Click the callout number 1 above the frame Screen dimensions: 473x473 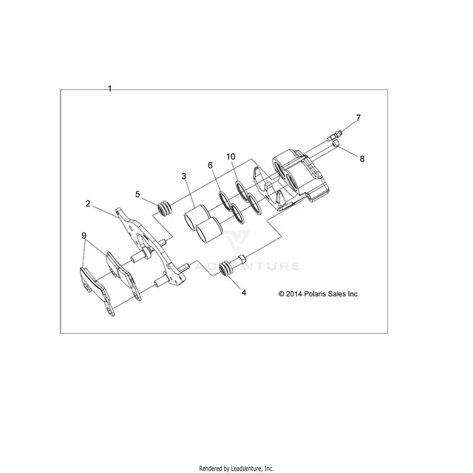[110, 89]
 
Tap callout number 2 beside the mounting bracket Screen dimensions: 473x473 [88, 204]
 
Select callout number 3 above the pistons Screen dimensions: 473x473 [184, 176]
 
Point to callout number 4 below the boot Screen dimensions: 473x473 [244, 293]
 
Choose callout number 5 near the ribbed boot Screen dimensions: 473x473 [137, 194]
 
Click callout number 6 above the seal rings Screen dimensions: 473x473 [210, 166]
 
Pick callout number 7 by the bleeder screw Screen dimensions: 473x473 [358, 118]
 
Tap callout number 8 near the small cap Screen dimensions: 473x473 [362, 159]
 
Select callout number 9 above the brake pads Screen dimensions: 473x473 [84, 236]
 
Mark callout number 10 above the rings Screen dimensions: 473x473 [231, 157]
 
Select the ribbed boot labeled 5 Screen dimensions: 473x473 [166, 208]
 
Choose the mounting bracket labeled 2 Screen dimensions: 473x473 [151, 246]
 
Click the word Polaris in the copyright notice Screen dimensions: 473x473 [314, 294]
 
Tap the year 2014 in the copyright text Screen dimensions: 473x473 [294, 294]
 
